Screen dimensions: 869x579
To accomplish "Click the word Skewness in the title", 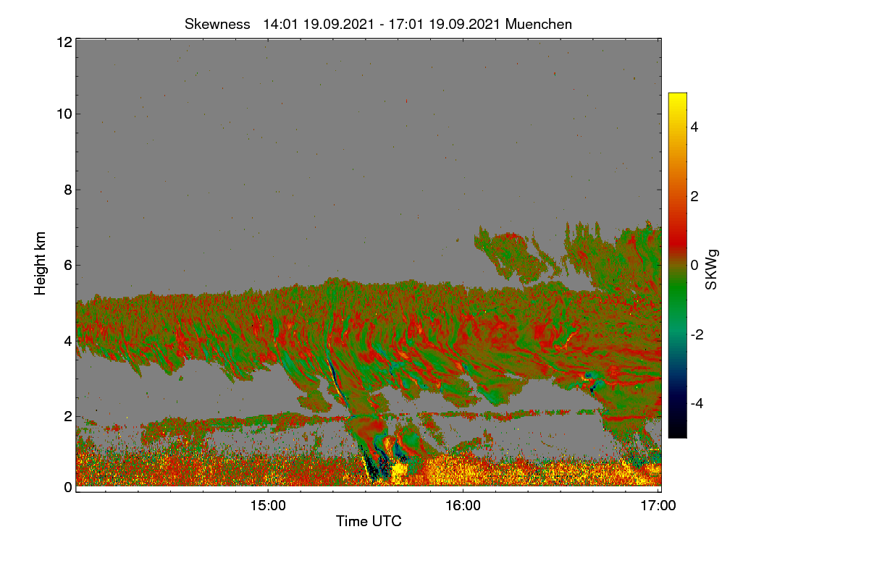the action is (x=217, y=25).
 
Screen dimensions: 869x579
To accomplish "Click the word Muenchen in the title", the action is (x=539, y=25).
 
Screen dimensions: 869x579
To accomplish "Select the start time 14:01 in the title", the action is (x=280, y=25).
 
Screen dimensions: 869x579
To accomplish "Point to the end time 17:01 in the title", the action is (x=406, y=25).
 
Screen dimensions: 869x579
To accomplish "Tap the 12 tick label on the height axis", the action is (x=64, y=42).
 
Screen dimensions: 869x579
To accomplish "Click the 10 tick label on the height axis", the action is (x=64, y=114).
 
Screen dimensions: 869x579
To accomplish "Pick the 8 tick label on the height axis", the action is (x=68, y=190).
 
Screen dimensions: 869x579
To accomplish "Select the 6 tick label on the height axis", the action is (x=68, y=266).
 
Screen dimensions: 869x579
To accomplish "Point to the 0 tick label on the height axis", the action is (x=68, y=488).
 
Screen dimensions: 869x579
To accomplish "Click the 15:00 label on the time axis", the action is (x=268, y=506).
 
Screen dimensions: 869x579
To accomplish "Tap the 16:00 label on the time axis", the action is (x=463, y=506).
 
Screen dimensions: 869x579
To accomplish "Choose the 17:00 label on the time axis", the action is (x=658, y=506).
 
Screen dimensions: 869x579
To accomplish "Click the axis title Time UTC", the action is (x=369, y=521).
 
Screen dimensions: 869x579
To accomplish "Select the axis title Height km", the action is (x=40, y=263).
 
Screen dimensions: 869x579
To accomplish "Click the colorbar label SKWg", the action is (x=711, y=270).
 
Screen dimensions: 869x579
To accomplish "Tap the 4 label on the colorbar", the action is (x=694, y=127).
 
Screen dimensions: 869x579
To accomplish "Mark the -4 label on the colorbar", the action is (x=697, y=404).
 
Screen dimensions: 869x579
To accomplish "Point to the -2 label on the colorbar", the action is (x=697, y=334).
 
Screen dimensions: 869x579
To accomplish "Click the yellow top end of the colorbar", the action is (x=677, y=94).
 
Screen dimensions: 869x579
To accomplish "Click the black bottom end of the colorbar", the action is (x=677, y=436).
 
